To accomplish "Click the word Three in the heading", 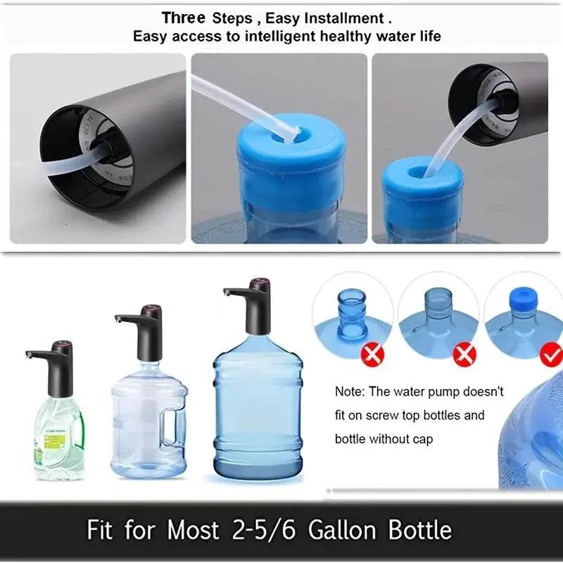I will coord(184,17).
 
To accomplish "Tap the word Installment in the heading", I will coord(344,17).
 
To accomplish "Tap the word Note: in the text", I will coord(350,391).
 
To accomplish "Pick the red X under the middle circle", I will coord(464,355).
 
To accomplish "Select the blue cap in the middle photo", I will coord(291,166).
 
